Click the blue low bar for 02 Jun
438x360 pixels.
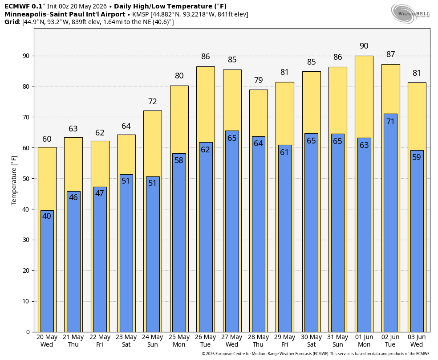click(x=390, y=223)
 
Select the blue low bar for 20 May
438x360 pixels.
click(x=47, y=271)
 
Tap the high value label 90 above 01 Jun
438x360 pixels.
click(x=364, y=46)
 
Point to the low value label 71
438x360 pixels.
click(x=390, y=122)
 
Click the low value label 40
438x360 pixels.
click(x=47, y=216)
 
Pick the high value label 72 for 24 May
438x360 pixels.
click(x=153, y=102)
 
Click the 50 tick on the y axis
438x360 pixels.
click(x=26, y=179)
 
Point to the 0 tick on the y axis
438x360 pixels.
click(x=28, y=332)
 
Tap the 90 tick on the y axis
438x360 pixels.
click(x=26, y=56)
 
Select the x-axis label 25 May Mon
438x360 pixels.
click(x=179, y=341)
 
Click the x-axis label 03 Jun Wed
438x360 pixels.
click(x=417, y=341)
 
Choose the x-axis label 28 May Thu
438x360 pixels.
click(x=258, y=341)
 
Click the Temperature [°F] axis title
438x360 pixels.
click(x=14, y=180)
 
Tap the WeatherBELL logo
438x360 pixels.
click(x=410, y=14)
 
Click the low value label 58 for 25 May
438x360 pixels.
click(x=179, y=160)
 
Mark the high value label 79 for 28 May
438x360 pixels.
click(x=258, y=80)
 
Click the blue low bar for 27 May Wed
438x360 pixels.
click(x=232, y=231)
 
